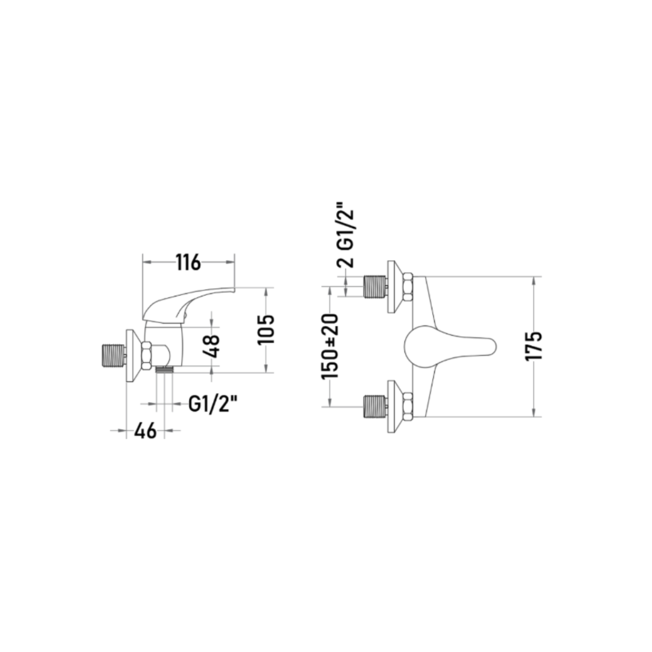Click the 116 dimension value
point(188,263)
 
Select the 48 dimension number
point(213,347)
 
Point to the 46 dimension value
point(145,430)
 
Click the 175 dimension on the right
point(534,346)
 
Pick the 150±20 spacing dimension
point(330,347)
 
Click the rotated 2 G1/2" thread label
point(345,235)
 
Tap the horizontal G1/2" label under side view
point(213,403)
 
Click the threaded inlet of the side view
point(113,356)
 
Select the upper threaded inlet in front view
point(376,287)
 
